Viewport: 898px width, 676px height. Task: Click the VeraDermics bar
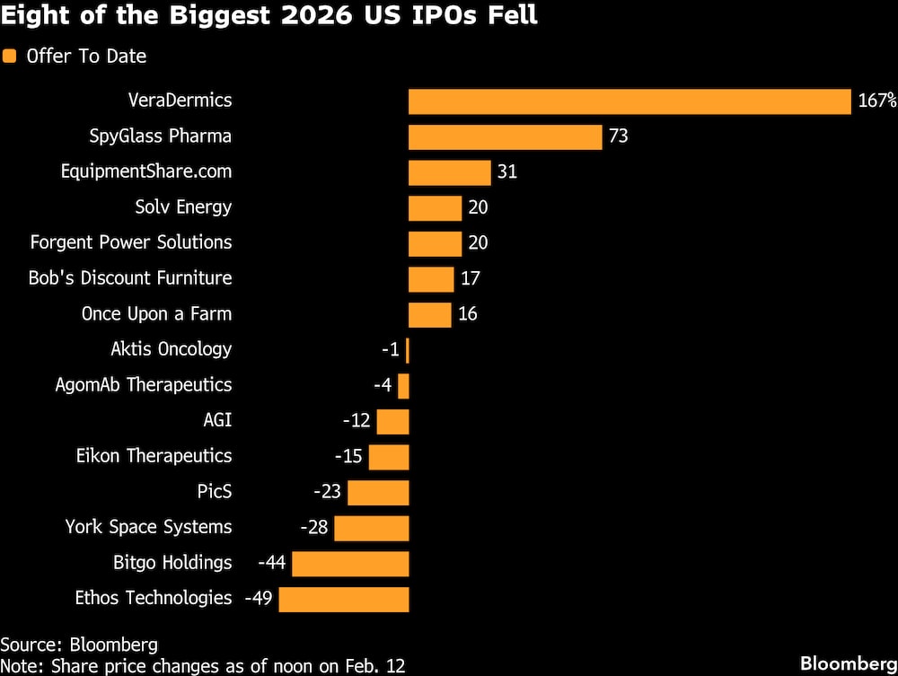629,101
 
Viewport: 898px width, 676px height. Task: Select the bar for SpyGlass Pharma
505,136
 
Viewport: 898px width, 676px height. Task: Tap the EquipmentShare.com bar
449,172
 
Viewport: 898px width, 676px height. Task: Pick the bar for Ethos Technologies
344,599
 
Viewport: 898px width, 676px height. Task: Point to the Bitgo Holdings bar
350,564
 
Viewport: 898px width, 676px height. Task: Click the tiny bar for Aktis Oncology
408,350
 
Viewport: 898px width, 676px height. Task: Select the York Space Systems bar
372,528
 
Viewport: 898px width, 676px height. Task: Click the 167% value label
877,101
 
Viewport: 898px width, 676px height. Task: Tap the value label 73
618,136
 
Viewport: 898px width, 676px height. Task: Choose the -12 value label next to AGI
357,421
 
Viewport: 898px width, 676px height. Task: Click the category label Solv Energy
183,207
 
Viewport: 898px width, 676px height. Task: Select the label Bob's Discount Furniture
130,278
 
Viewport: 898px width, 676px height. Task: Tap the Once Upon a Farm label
156,314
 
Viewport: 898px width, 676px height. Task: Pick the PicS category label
215,492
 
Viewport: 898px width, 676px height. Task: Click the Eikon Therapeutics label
154,456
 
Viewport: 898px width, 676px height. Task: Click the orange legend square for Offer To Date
10,57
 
